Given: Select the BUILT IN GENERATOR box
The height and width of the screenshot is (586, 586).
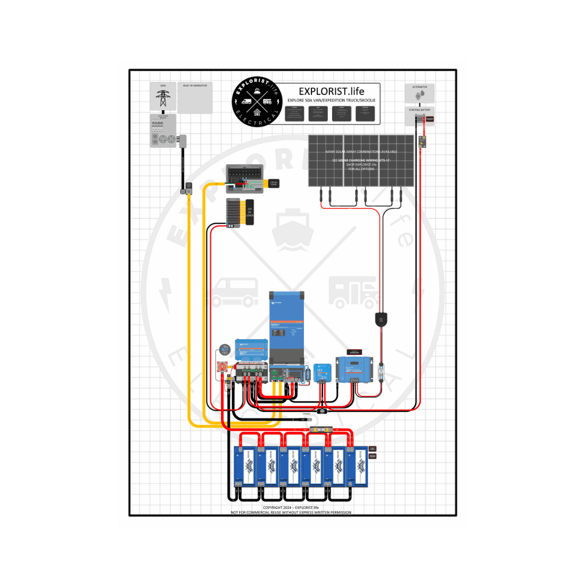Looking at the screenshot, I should point(195,98).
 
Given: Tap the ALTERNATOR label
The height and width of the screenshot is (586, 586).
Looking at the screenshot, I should point(420,87).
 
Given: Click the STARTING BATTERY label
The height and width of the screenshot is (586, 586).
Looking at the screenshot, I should point(420,110).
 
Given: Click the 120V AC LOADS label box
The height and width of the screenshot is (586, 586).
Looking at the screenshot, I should point(273,184).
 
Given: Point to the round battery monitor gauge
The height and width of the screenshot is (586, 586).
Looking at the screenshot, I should point(225,349).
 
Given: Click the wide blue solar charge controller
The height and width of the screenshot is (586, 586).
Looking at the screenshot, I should point(356,367).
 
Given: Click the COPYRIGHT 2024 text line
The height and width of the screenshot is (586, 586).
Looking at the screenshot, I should point(290,508).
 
